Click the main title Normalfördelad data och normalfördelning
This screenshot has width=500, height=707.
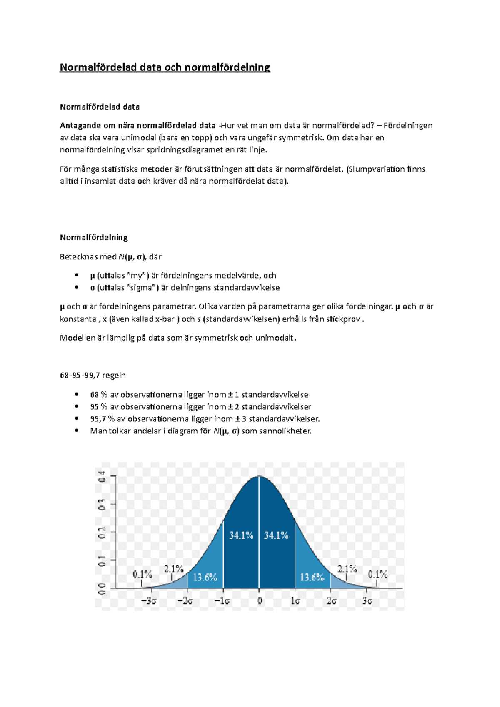pos(165,67)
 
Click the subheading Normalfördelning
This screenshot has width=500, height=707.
pos(94,238)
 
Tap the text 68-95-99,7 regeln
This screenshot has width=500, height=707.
pos(92,376)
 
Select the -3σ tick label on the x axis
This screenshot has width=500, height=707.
pos(149,601)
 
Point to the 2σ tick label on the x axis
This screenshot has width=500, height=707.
pos(332,601)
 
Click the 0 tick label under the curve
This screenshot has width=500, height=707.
pos(260,601)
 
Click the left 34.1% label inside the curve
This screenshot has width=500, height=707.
pos(241,535)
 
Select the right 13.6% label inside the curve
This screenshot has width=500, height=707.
pos(312,577)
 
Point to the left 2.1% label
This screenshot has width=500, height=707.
pos(174,569)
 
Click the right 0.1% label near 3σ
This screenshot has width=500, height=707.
pos(377,575)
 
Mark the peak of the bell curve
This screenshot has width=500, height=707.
pos(259,476)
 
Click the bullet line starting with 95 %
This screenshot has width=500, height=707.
pos(200,407)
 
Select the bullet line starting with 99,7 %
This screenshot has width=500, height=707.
pos(205,419)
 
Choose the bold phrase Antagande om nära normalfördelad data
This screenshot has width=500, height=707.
pos(137,126)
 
